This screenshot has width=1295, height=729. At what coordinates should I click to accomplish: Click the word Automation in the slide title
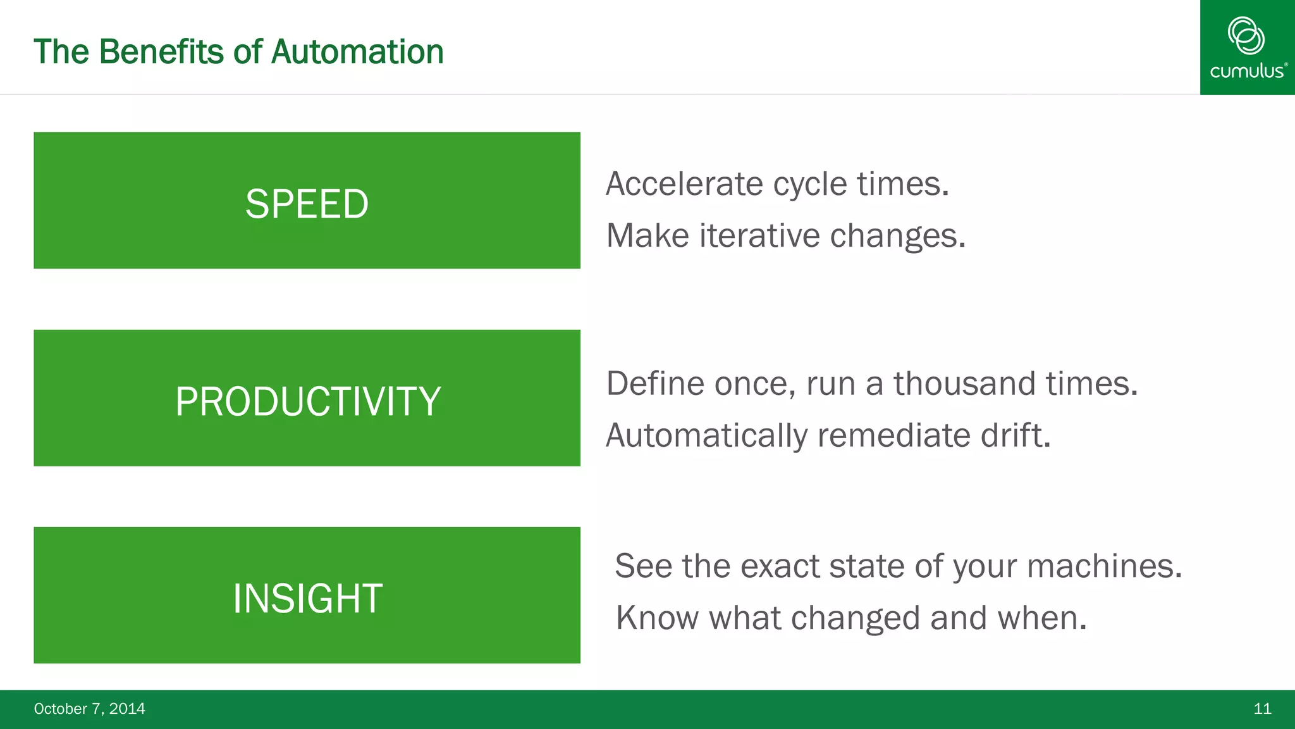(x=357, y=52)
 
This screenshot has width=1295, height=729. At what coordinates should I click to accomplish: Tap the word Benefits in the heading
(x=161, y=52)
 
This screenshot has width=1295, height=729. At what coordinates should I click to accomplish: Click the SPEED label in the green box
(x=307, y=204)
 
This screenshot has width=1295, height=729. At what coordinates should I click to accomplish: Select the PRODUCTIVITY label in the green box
(x=307, y=401)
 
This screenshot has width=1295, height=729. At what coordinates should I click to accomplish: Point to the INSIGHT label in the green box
(x=307, y=599)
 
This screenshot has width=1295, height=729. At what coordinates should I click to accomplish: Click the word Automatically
(x=706, y=435)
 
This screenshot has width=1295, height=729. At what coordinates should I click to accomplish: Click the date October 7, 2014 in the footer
(x=89, y=709)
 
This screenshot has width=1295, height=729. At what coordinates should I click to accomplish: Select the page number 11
(x=1262, y=709)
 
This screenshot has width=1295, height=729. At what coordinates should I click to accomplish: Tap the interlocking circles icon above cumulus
(x=1246, y=35)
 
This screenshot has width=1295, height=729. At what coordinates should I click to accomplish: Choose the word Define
(x=655, y=383)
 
